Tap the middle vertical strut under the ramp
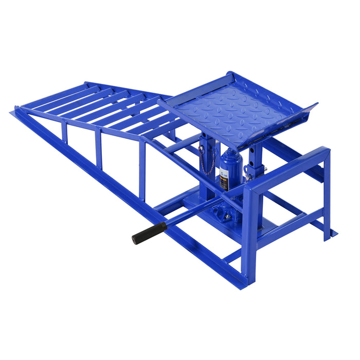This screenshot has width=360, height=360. pyautogui.click(x=98, y=148)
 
